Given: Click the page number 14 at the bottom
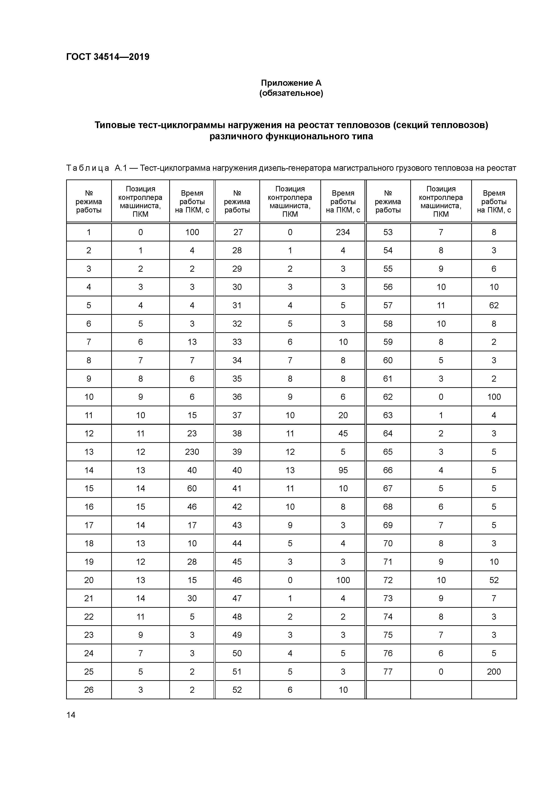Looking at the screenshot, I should click(71, 715).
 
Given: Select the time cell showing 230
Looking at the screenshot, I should click(192, 452).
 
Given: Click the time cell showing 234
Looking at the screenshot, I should click(343, 232).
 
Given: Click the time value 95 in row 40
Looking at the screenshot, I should click(343, 470).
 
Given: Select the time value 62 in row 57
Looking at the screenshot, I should click(494, 305).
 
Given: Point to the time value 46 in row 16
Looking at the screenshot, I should click(192, 507).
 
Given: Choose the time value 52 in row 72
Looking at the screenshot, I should click(494, 580).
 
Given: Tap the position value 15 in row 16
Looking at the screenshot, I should click(140, 507).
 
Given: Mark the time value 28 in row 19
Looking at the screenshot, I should click(192, 562).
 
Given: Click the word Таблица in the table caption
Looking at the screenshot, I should click(88, 168).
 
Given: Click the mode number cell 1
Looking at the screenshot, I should click(89, 232).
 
